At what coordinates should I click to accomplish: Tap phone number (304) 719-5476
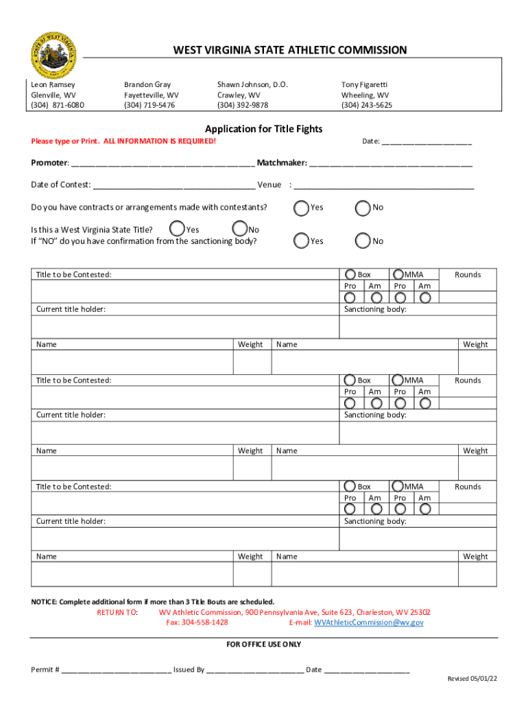coord(149,106)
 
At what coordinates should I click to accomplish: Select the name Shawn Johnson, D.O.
coord(252,85)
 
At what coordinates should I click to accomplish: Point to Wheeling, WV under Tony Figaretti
coord(365,95)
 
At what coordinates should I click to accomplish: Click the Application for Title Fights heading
coord(264,129)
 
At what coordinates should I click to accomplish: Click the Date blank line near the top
coord(427,143)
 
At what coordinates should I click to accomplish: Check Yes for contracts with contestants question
coord(301,207)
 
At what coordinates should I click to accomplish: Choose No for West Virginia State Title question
coord(239,228)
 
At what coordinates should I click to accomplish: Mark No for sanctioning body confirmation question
coord(362,241)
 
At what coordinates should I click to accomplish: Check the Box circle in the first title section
coord(350,274)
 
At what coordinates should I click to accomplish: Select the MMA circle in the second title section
coord(398,380)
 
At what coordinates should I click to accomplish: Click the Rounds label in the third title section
coord(468,487)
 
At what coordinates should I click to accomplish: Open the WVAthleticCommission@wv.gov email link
coord(368,622)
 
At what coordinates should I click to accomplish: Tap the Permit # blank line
coord(116,670)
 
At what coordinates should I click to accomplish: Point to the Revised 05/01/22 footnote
coord(472,679)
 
